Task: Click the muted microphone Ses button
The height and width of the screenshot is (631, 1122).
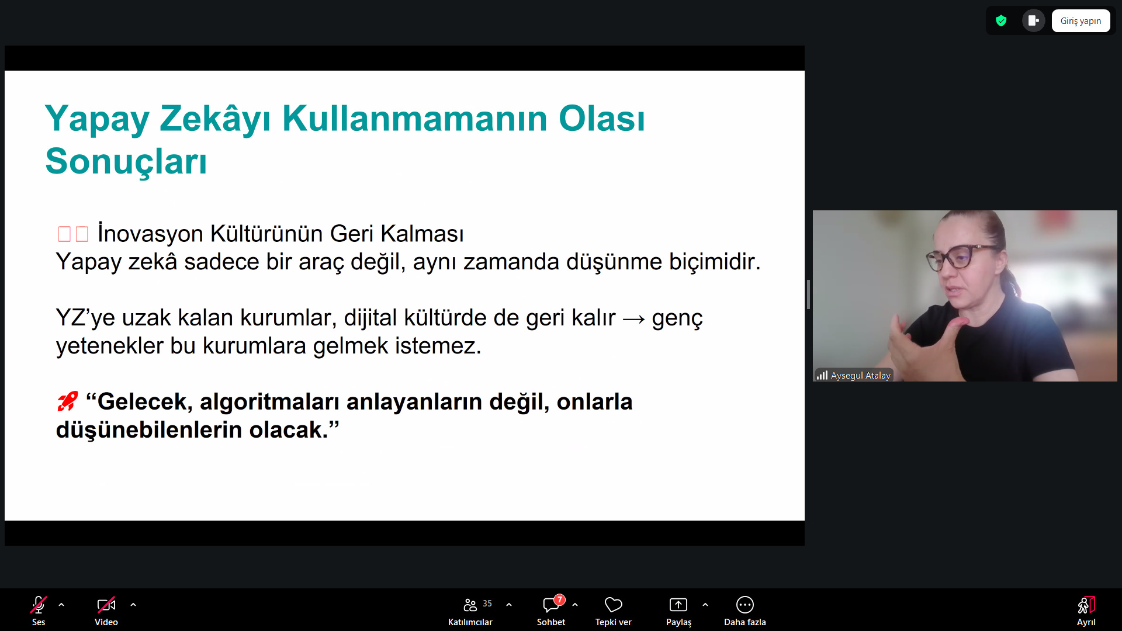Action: (39, 605)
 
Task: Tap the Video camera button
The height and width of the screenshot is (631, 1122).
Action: (106, 605)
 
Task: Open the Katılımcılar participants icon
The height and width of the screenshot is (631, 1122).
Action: (470, 605)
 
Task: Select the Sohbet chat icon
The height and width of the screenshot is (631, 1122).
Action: (550, 605)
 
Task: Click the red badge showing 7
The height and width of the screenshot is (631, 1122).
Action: (560, 599)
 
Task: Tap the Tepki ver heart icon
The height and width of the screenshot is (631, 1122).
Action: (614, 605)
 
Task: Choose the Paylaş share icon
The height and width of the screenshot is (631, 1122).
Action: (678, 605)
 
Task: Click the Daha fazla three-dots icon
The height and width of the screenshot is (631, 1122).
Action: (745, 605)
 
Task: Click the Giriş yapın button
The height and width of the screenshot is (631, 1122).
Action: (1081, 21)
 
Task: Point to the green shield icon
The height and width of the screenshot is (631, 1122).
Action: (1001, 21)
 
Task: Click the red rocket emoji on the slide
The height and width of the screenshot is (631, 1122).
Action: (67, 401)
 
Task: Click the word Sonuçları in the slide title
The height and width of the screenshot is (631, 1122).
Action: (126, 161)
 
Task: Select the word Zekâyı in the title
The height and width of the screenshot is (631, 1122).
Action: (215, 119)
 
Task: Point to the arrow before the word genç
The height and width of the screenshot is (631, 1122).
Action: (634, 319)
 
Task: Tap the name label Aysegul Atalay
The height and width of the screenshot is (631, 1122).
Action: (860, 376)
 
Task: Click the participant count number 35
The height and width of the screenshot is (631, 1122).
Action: (487, 604)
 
